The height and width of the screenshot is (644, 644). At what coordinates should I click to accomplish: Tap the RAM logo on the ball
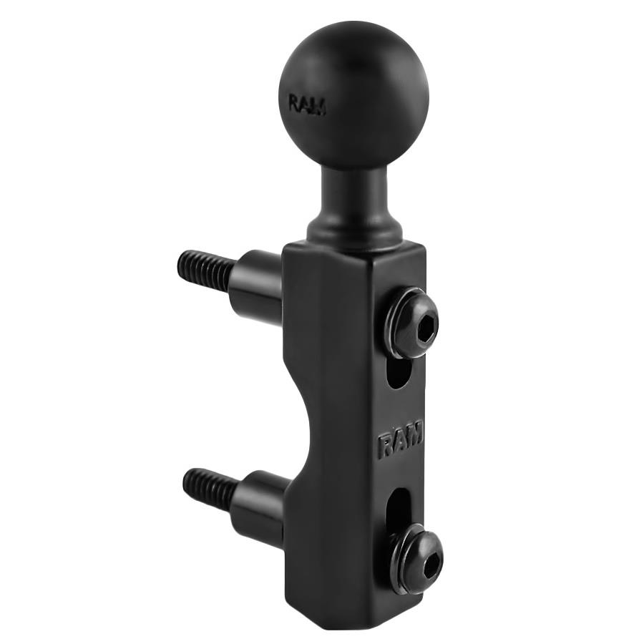pos(307,104)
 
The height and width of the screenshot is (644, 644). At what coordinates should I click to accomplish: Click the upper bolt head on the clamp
pos(411,322)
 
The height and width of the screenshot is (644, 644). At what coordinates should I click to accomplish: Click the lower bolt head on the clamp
pos(416,557)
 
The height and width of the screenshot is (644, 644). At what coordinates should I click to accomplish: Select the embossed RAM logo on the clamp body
pos(400,439)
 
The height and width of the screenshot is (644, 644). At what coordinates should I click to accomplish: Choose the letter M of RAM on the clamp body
pos(416,431)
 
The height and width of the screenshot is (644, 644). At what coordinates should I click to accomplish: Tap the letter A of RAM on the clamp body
pos(400,439)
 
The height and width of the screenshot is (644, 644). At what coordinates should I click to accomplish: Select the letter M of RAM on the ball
pos(318,107)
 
